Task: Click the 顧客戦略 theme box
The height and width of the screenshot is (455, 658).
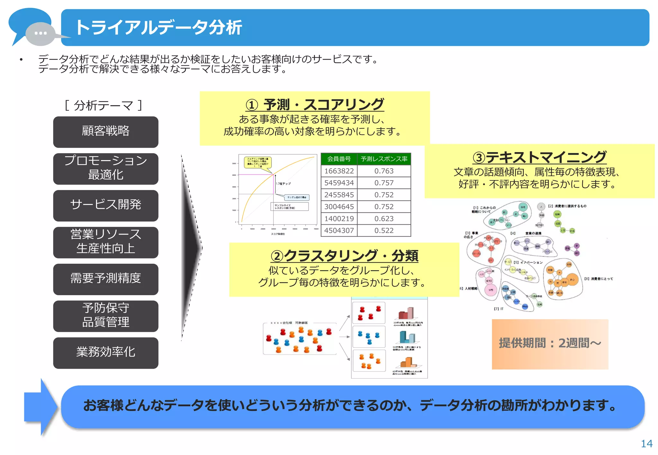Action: [x=105, y=132]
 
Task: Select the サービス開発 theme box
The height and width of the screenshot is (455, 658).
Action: [x=105, y=205]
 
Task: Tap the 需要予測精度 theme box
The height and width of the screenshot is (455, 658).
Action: [x=105, y=279]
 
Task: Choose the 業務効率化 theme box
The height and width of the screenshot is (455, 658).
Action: [x=105, y=352]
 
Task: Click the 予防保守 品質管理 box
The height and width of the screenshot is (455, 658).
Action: [x=105, y=315]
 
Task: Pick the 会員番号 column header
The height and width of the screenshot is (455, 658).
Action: [x=339, y=159]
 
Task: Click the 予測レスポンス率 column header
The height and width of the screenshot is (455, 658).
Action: [x=384, y=159]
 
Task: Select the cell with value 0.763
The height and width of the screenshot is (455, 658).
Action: [x=384, y=171]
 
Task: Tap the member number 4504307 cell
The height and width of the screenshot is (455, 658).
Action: [x=339, y=230]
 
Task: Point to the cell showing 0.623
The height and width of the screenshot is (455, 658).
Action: [x=384, y=219]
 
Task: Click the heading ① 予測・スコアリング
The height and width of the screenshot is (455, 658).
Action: [x=315, y=105]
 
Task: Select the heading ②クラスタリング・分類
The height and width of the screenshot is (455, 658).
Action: [x=344, y=256]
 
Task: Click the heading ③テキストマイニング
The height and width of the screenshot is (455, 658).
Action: [x=539, y=157]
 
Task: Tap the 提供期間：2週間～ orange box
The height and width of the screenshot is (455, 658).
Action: [x=550, y=343]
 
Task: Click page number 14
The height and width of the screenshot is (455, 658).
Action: [x=646, y=443]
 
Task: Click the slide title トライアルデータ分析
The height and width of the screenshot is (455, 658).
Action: [x=158, y=28]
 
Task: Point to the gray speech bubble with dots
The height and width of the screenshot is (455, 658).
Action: [x=40, y=33]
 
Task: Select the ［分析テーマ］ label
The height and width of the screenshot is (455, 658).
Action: [x=103, y=105]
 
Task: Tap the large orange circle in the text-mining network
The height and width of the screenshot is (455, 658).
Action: [x=572, y=280]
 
